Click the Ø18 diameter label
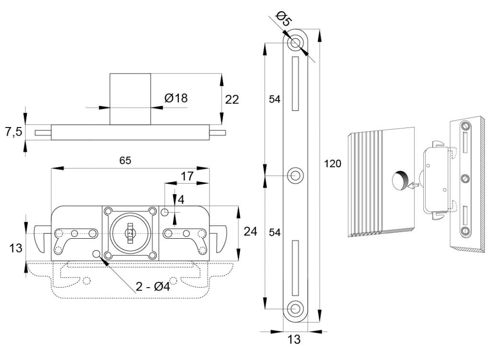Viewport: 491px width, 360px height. point(175,98)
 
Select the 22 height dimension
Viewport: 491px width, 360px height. point(232,99)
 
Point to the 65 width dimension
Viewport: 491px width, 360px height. point(125,160)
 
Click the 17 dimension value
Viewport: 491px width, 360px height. point(187,176)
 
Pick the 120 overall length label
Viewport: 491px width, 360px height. point(333,164)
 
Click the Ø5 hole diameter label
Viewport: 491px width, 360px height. point(285,20)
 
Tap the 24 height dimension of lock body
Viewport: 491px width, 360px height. point(250,232)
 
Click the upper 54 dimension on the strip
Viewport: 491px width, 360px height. point(274,99)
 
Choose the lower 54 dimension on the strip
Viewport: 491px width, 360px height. point(274,232)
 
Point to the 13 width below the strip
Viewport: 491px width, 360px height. point(294,340)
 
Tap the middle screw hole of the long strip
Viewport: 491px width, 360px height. point(295,175)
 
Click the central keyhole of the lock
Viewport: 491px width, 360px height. point(129,233)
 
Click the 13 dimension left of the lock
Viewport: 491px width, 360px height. point(16,248)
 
